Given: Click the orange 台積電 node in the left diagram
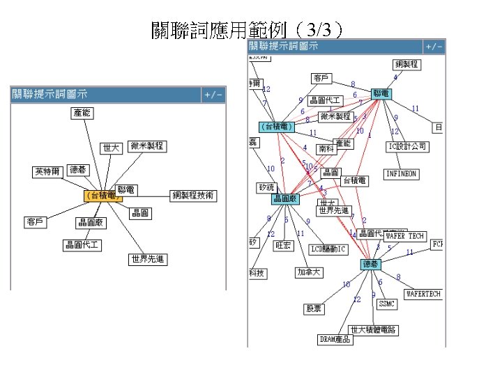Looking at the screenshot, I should point(99,196).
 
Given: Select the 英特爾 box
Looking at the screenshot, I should point(47,171).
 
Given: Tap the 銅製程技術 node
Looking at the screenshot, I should point(194,195).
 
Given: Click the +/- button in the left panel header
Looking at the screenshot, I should point(213,94).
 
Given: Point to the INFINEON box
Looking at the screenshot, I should point(401,173).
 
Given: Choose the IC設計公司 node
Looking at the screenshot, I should point(407,146).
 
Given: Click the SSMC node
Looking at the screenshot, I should point(387,304).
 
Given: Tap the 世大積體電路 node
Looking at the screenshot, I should point(373,329).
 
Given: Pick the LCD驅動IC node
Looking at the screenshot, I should point(328,249).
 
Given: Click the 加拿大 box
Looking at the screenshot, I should point(309,272).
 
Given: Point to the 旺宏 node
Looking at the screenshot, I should point(283,245).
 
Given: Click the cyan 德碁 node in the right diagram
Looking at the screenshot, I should point(370,264).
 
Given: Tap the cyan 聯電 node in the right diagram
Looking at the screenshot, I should point(381,93).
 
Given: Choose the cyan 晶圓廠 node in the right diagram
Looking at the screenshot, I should point(286,199).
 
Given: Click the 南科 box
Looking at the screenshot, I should point(326,148).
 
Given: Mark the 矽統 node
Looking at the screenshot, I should point(266,187).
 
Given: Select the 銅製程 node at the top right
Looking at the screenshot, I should point(406,64).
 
